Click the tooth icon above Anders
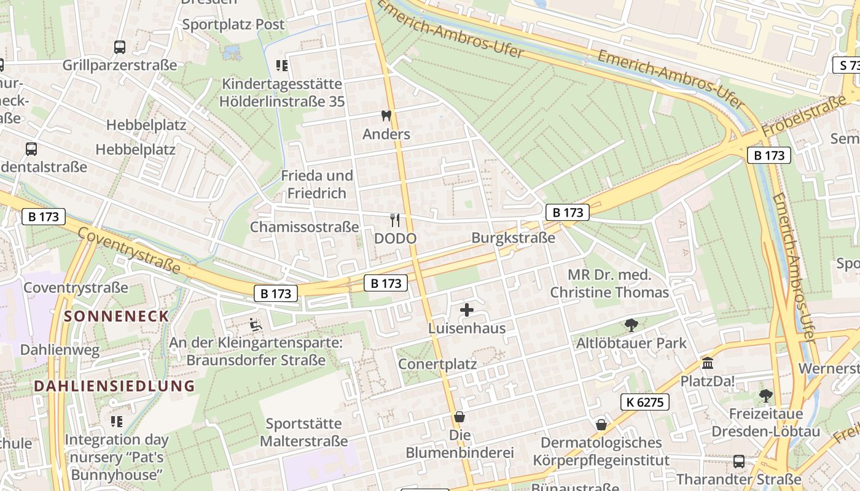pos(386,115)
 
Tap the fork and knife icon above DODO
pos(395,220)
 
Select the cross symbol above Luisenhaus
pos(467,310)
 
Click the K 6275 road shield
pos(644,402)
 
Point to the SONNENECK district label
pos(117,316)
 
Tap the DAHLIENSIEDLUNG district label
pos(114,386)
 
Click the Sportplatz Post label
pos(233,25)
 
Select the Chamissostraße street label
pos(304,227)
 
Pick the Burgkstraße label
pos(513,238)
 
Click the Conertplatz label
pos(437,364)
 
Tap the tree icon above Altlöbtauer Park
pos(631,325)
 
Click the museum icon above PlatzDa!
pos(708,363)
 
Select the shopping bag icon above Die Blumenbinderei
pos(459,417)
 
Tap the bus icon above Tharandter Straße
pos(738,461)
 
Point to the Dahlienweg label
pos(60,350)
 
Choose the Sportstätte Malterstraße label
pos(303,432)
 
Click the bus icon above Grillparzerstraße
pos(120,47)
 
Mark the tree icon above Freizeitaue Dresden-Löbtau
pos(765,395)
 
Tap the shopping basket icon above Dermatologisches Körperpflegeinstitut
pos(601,425)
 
